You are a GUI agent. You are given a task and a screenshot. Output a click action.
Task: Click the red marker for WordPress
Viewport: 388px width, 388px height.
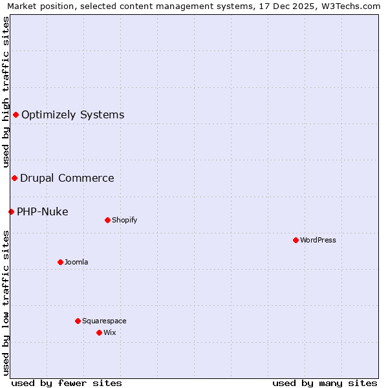tap(296, 240)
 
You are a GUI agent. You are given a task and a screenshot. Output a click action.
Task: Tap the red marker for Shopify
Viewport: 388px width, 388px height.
tap(107, 220)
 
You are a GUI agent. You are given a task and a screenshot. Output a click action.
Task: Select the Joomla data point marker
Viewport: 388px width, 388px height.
tap(60, 262)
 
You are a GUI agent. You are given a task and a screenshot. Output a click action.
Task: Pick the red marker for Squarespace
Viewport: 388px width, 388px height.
tap(78, 321)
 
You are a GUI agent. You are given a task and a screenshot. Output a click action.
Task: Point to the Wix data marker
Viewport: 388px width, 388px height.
tap(99, 332)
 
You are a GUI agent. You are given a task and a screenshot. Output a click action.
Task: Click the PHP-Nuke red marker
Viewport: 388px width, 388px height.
tap(11, 211)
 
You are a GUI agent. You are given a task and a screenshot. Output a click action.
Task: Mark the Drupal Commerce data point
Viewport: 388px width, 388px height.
tap(14, 178)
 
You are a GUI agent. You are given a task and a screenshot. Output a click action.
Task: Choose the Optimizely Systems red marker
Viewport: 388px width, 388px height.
tap(16, 114)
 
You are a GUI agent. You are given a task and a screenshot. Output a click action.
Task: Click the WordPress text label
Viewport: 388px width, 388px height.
tap(318, 240)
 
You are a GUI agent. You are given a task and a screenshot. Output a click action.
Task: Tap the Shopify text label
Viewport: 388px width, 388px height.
tap(125, 220)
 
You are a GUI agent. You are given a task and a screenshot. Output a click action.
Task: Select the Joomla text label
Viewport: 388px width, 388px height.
tap(76, 262)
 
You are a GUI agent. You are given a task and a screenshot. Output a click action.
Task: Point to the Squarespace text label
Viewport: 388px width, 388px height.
tap(104, 321)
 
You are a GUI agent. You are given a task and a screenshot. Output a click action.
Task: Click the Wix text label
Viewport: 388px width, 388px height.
tap(110, 332)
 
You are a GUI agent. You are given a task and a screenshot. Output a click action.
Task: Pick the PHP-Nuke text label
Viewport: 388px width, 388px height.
tap(43, 211)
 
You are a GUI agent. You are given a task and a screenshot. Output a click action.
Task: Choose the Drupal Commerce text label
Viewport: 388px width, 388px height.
tap(67, 178)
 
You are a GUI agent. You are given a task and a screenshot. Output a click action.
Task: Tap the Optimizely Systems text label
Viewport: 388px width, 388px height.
tap(73, 114)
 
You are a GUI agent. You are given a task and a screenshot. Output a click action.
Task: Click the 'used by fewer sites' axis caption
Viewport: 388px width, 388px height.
tap(67, 383)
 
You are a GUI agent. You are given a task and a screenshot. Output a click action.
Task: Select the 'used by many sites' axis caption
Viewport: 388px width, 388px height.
tap(325, 383)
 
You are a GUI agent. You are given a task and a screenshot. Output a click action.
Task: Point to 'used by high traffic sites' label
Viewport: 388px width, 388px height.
tap(6, 92)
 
